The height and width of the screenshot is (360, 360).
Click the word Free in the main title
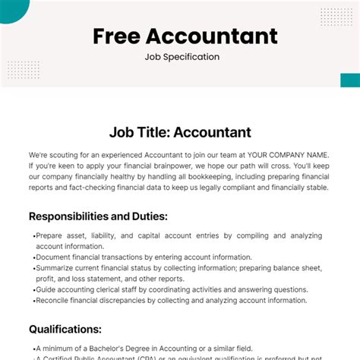tap(118, 36)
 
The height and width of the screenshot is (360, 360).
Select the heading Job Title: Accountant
tap(180, 132)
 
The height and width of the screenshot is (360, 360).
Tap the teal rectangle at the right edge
tap(350, 81)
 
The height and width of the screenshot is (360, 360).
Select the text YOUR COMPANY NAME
tap(289, 153)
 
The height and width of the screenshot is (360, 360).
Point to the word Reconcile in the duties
tap(58, 301)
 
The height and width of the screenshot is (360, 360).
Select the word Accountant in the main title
tap(213, 36)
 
